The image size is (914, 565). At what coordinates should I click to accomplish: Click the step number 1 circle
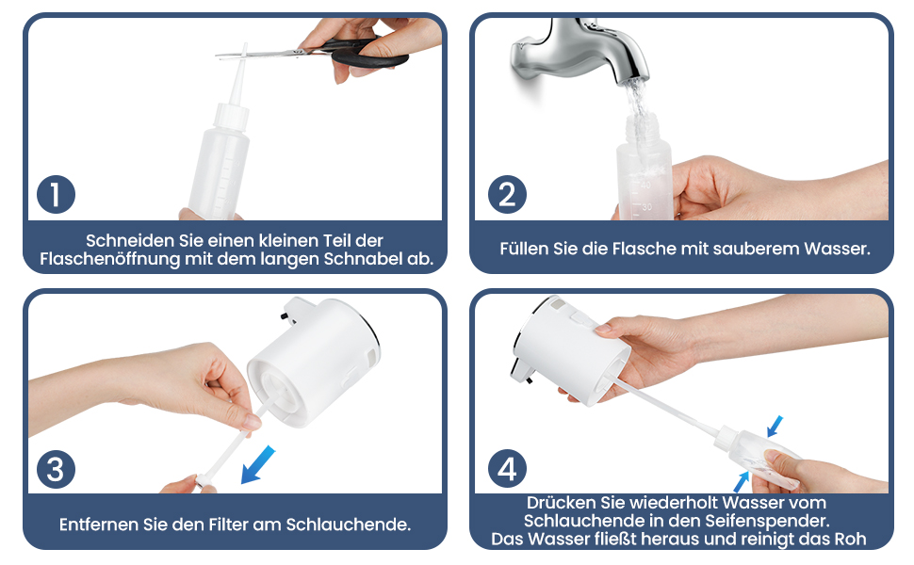(x=56, y=194)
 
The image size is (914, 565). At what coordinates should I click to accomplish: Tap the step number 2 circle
(x=507, y=194)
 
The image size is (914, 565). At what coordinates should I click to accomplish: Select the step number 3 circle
(x=56, y=470)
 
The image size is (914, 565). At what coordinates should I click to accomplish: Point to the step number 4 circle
(x=507, y=468)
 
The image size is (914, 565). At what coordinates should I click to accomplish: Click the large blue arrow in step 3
(x=257, y=465)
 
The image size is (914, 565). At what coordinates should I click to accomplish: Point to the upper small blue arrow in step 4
(x=775, y=427)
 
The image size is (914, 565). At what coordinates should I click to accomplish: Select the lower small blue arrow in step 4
(x=741, y=482)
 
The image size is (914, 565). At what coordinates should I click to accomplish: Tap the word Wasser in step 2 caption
(x=836, y=249)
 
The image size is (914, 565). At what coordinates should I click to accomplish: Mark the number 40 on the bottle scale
(x=645, y=185)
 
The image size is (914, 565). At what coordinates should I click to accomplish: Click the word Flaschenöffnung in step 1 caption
(x=109, y=259)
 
